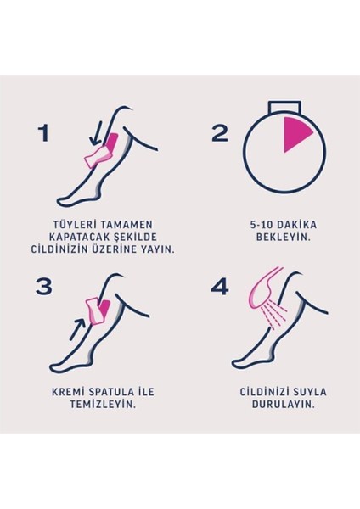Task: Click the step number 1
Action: point(43,132)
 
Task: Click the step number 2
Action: point(220,132)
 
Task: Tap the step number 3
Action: point(44,286)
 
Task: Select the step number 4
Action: point(220,286)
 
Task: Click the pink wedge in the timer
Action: point(297,133)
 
